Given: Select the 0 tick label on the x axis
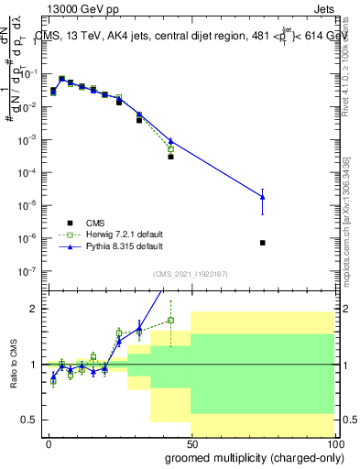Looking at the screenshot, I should pyautogui.click(x=49, y=442).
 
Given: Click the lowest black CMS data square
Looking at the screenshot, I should pyautogui.click(x=263, y=243).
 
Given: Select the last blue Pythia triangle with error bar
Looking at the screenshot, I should pyautogui.click(x=263, y=197).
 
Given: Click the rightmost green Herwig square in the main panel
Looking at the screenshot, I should pyautogui.click(x=170, y=148).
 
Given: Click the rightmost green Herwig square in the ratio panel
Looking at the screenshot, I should pyautogui.click(x=170, y=320).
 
